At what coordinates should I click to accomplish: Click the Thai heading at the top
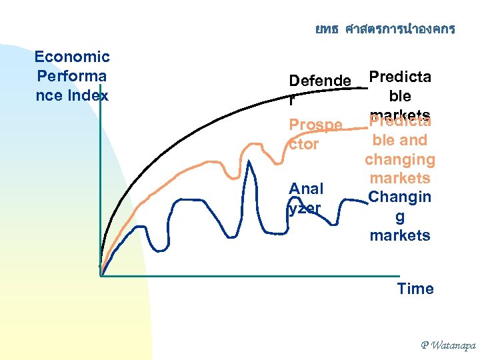tap(385, 29)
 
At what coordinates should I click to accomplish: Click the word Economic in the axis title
tap(72, 57)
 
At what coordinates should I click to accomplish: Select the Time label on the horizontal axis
tap(415, 289)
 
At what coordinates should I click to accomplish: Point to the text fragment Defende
tap(319, 81)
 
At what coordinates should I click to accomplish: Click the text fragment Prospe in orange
tap(315, 125)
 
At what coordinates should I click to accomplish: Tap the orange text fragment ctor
tap(303, 144)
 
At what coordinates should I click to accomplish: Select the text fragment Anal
tap(306, 189)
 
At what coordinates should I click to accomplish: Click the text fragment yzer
tap(305, 208)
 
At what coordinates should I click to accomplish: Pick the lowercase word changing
tap(399, 159)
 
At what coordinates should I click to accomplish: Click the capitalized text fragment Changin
tap(399, 197)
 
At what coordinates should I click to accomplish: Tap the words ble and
tap(399, 141)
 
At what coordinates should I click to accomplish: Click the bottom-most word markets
tap(399, 235)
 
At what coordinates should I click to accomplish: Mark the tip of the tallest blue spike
tap(251, 162)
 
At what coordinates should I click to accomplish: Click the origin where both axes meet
tap(100, 275)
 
